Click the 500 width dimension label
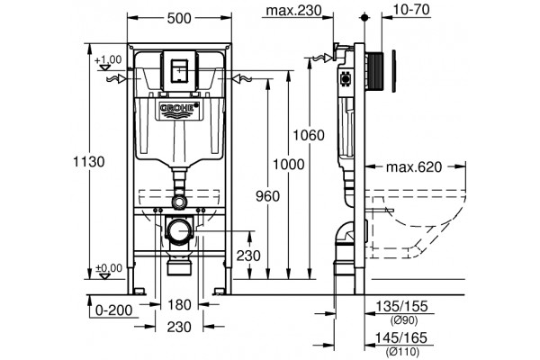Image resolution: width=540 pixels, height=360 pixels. click(x=179, y=18)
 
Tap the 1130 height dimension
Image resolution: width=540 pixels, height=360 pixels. click(x=88, y=161)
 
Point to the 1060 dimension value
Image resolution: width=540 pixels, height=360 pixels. click(x=309, y=135)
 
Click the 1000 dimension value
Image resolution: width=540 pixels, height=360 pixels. click(x=289, y=165)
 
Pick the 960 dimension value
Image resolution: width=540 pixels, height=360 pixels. click(x=267, y=196)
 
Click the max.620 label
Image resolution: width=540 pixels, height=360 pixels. click(x=414, y=167)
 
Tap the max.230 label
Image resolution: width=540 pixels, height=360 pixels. click(x=293, y=10)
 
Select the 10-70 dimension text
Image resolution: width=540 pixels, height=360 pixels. click(x=411, y=10)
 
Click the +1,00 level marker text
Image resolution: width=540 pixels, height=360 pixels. click(x=108, y=59)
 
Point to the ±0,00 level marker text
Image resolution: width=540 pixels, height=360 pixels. click(x=109, y=267)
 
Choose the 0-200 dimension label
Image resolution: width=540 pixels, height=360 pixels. click(x=113, y=310)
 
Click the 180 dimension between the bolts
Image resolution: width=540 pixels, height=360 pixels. click(x=179, y=304)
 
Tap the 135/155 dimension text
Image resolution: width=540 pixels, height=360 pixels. click(x=401, y=306)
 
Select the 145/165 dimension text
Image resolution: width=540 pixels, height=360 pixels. click(x=401, y=337)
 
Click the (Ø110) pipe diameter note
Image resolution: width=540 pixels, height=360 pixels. click(x=402, y=352)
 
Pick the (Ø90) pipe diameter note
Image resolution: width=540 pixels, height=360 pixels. click(x=403, y=320)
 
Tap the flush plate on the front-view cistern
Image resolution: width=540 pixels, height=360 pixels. click(x=179, y=71)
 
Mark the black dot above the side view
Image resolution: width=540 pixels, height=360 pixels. click(x=364, y=17)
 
